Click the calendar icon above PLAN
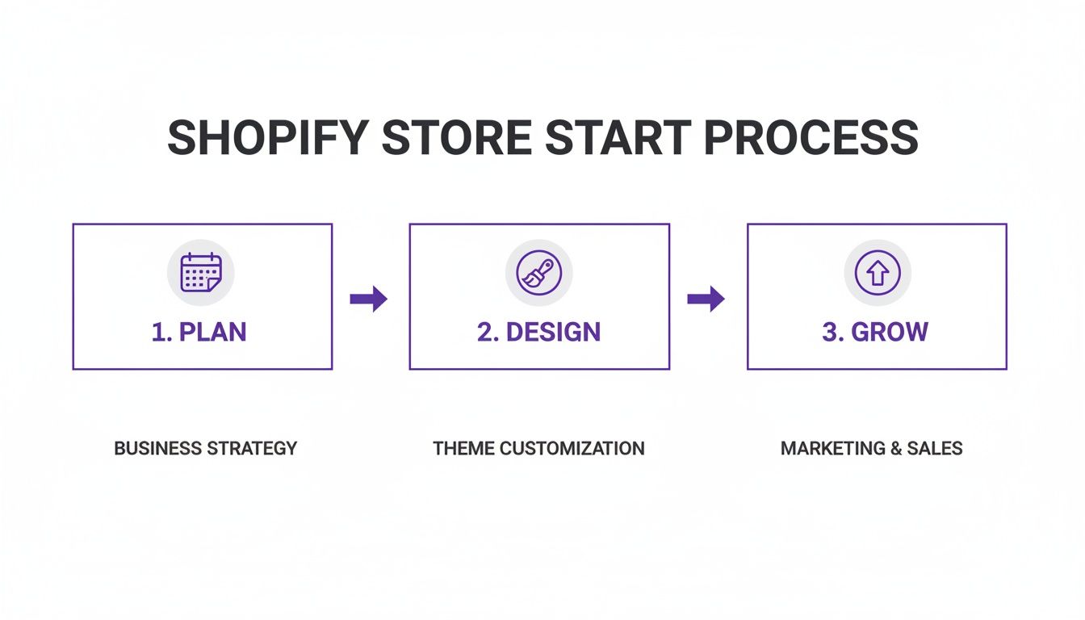point(200,273)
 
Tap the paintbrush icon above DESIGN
point(538,273)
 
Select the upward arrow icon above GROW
point(877,273)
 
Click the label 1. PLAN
point(199,332)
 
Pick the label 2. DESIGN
point(538,332)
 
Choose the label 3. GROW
point(875,332)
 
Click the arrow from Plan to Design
point(369,299)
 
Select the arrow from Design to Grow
point(706,299)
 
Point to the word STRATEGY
point(253,448)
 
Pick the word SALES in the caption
point(937,448)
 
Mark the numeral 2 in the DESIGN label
point(483,332)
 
